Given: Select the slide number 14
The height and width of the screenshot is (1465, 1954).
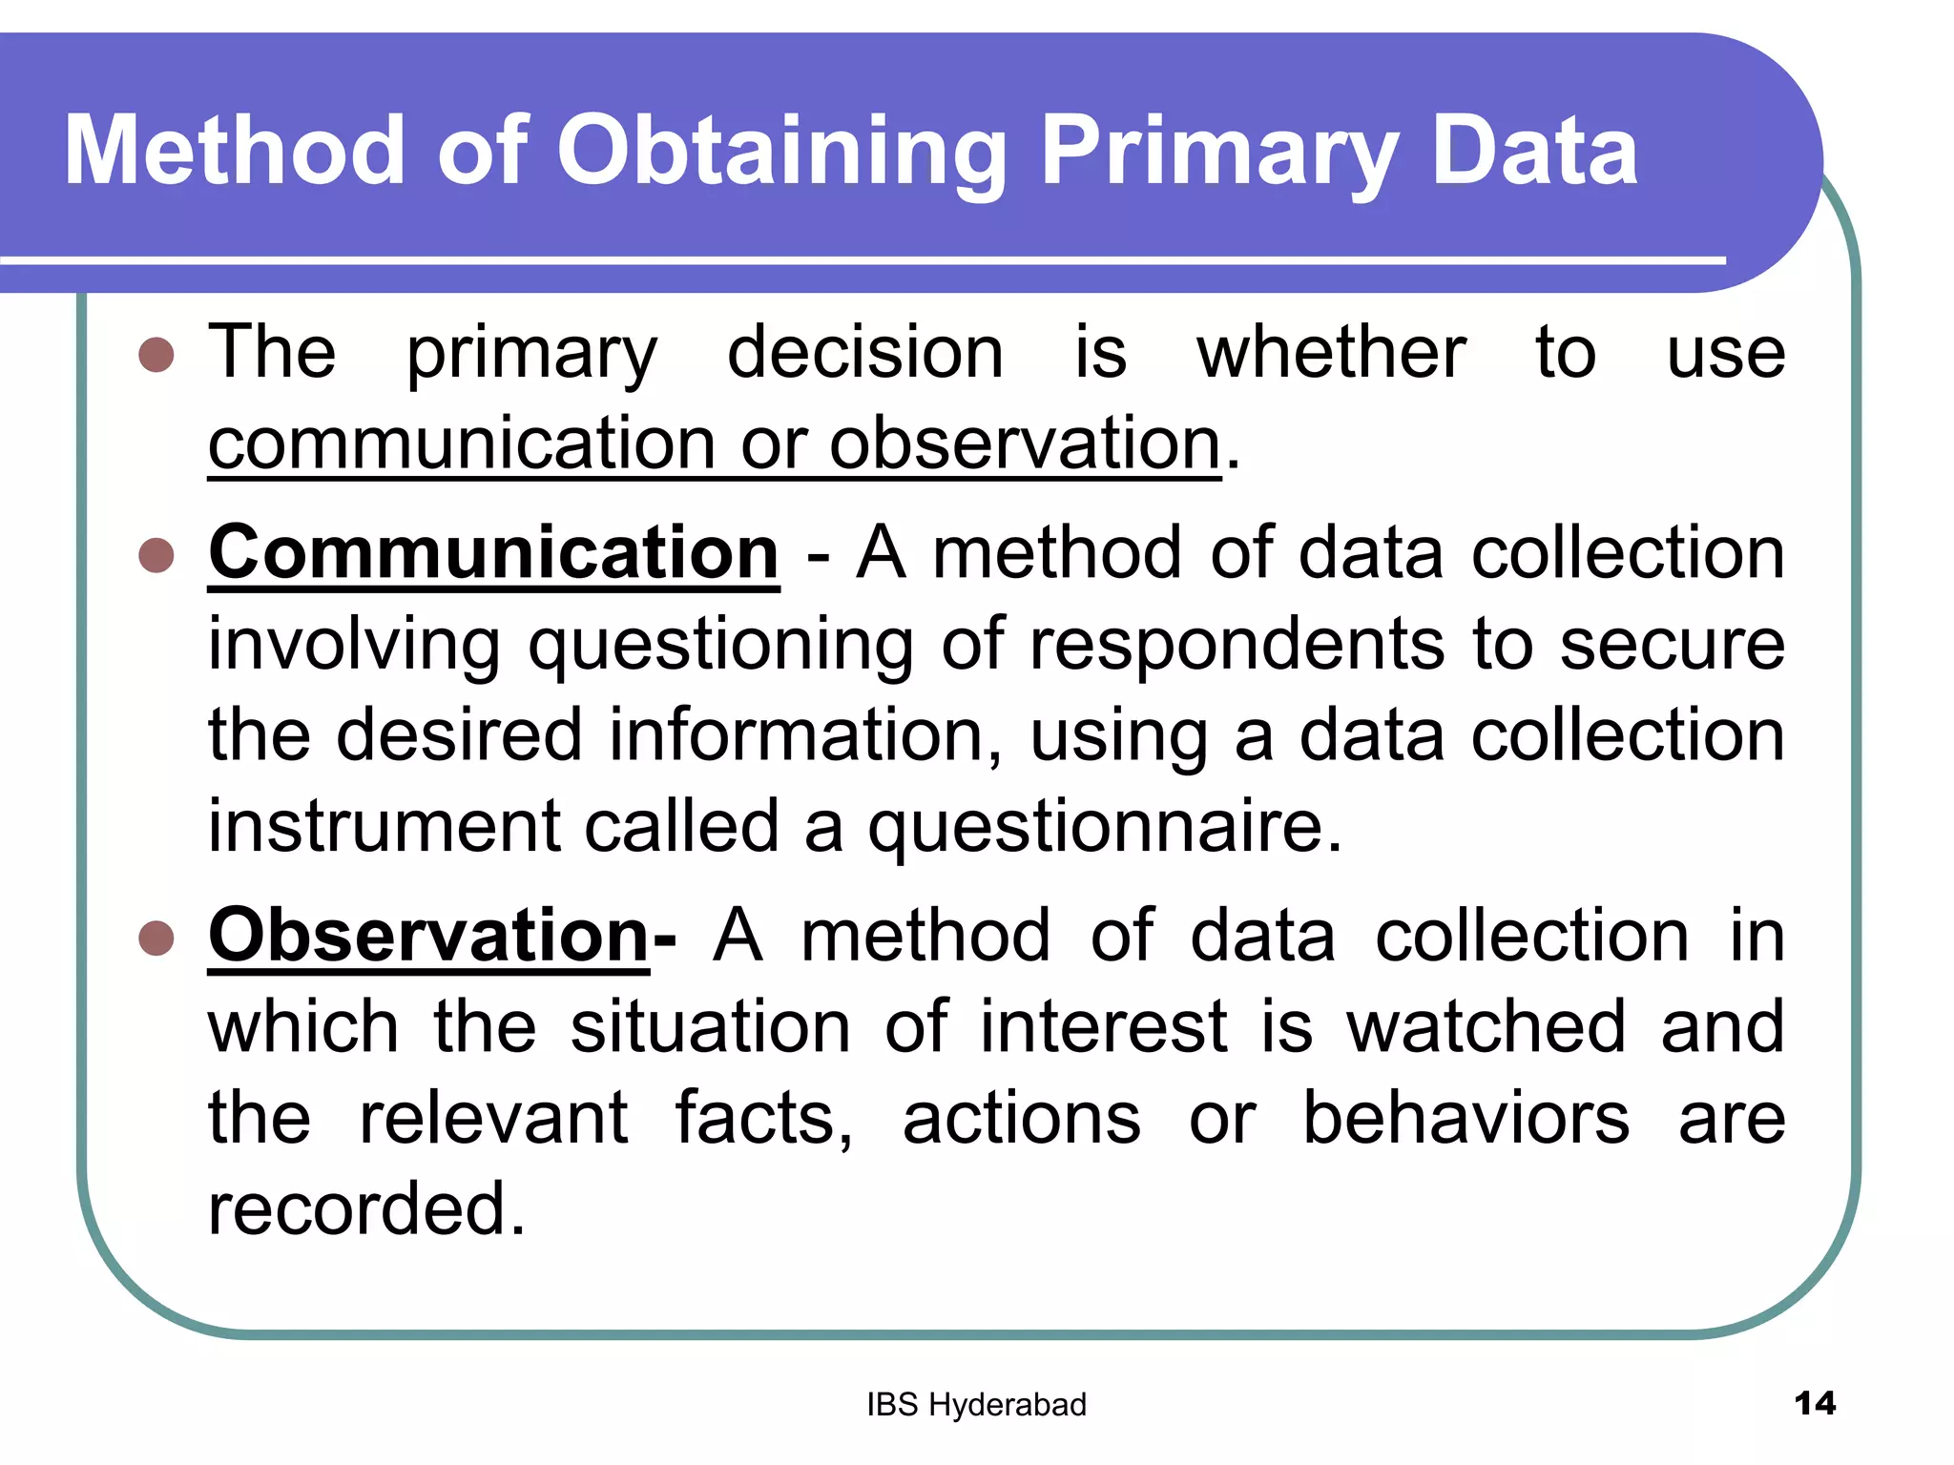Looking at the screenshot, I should coord(1814,1403).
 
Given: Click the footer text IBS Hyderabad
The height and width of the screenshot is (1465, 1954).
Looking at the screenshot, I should coord(976,1405).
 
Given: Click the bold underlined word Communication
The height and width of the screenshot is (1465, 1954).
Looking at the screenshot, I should coord(493,553).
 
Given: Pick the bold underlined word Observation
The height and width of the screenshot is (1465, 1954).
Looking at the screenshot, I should coord(429,936).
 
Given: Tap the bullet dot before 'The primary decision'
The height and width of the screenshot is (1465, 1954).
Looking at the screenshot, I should coord(156,355).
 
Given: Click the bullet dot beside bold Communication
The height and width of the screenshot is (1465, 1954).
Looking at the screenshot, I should coord(156,555).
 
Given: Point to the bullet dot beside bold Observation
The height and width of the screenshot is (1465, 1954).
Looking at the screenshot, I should coord(156,938).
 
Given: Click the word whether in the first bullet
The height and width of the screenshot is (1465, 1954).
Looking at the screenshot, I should coord(1331,353).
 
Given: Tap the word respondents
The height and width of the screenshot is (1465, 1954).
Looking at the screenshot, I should coord(1237,645).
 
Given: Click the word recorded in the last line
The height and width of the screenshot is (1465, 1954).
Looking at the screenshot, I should coord(366,1209).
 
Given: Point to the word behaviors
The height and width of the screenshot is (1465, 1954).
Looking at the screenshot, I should coord(1465,1118).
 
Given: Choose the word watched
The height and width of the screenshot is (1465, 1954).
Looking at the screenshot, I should coord(1486,1027).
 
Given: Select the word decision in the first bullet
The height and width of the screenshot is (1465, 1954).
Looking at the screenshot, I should coord(864,353).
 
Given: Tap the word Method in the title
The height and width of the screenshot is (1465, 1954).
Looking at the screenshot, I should coord(235,153).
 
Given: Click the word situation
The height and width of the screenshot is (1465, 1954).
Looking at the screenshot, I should coord(710,1027).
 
